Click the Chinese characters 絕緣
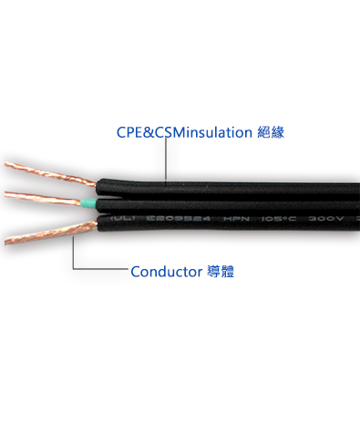271,132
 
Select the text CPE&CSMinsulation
183,132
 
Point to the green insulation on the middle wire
87,202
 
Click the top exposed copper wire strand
46,174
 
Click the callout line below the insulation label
165,160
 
